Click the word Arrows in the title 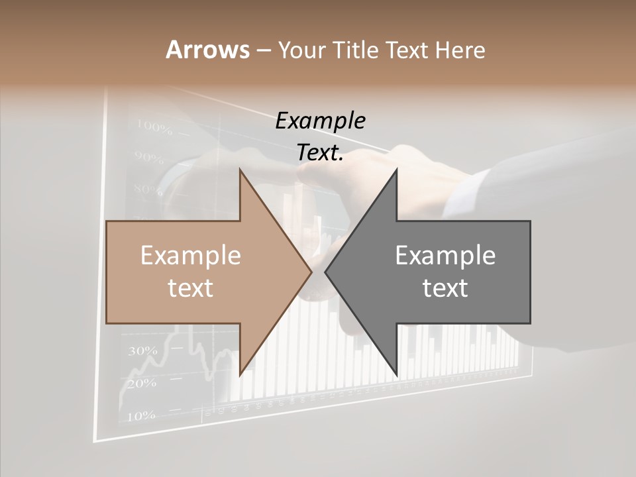point(207,50)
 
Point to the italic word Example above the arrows point(321,121)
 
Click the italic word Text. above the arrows point(321,152)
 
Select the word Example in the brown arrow point(191,255)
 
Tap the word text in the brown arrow point(191,288)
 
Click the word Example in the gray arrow point(445,255)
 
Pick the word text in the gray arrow point(445,288)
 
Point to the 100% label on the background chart point(154,125)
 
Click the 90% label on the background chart point(148,158)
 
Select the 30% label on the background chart point(142,350)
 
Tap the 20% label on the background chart point(142,383)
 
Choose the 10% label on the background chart point(140,416)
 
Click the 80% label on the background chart point(147,189)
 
